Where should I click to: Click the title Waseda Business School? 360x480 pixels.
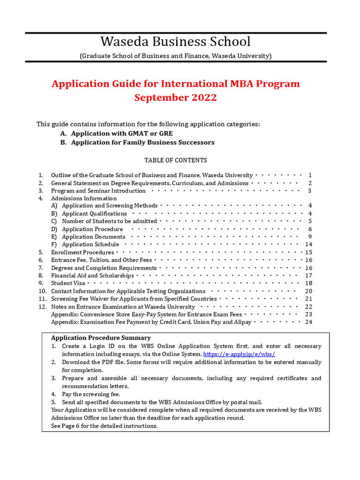pyautogui.click(x=175, y=41)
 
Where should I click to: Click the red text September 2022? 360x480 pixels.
pyautogui.click(x=175, y=97)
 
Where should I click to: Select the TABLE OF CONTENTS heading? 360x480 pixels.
pyautogui.click(x=175, y=160)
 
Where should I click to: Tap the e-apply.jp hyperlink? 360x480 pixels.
pyautogui.click(x=239, y=354)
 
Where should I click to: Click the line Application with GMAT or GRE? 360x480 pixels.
pyautogui.click(x=122, y=134)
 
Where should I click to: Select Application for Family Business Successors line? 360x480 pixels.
pyautogui.click(x=142, y=142)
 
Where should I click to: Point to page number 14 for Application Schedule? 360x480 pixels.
pyautogui.click(x=308, y=244)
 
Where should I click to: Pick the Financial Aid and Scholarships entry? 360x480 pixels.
pyautogui.click(x=92, y=276)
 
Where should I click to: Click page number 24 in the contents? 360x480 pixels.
pyautogui.click(x=308, y=322)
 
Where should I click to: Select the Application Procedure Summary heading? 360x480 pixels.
pyautogui.click(x=101, y=337)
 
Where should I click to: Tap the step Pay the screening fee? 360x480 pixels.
pyautogui.click(x=92, y=394)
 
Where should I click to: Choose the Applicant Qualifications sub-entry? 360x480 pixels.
pyautogui.click(x=94, y=213)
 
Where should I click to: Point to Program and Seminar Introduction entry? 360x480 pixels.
pyautogui.click(x=98, y=191)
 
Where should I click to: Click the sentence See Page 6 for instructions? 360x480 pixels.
pyautogui.click(x=104, y=426)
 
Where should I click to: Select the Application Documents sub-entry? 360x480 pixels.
pyautogui.click(x=94, y=237)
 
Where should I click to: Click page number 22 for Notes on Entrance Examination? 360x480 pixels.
pyautogui.click(x=308, y=307)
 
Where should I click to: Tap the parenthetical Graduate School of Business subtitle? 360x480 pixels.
pyautogui.click(x=175, y=56)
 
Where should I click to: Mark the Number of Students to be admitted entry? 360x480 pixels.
pyautogui.click(x=109, y=221)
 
